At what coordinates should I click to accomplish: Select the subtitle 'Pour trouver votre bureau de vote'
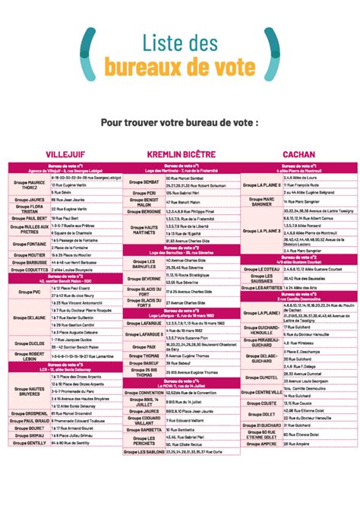(180, 122)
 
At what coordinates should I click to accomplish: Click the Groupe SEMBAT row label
(144, 182)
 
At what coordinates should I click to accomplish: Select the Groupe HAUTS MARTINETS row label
(144, 229)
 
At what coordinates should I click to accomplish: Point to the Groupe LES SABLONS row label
(144, 451)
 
